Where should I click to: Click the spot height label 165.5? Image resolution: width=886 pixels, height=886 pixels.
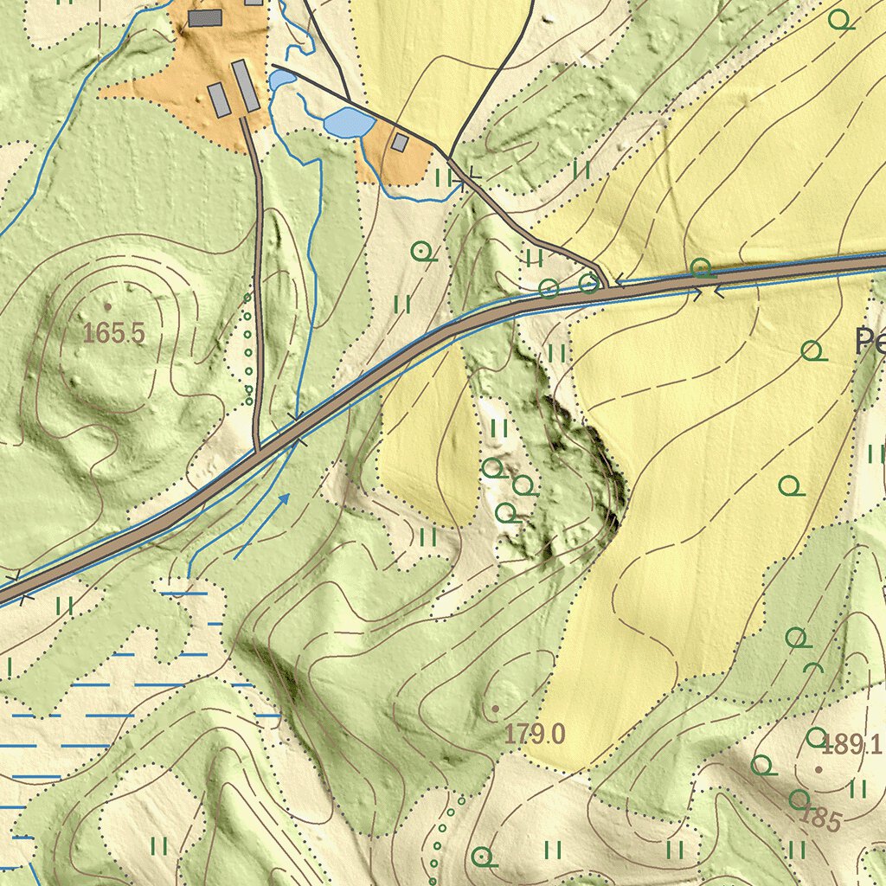coord(114,333)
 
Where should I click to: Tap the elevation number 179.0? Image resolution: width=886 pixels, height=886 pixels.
coord(535,735)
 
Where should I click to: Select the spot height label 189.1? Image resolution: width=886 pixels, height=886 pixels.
coord(851,744)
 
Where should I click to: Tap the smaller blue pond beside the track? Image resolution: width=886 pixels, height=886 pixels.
coord(281,80)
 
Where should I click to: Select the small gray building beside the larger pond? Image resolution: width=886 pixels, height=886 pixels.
coord(399,142)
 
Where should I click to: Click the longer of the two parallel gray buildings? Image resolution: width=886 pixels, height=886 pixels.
coord(245,86)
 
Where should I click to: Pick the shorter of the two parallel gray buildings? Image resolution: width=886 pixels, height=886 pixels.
coord(220,100)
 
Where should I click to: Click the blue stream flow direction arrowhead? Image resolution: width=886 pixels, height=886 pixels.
coord(285,498)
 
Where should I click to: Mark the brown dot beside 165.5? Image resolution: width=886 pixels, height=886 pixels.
coord(107,306)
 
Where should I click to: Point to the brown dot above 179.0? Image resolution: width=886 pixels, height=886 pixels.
coord(495,709)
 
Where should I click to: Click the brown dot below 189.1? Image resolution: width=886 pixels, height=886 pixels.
coord(819,768)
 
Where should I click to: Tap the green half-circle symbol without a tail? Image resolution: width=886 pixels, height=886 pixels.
coord(812,669)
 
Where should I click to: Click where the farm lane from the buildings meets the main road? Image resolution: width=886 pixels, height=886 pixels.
coord(258,451)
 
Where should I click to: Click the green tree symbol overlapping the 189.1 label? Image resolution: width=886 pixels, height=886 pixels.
coord(816,737)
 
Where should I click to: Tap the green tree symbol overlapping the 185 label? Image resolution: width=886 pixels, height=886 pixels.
coord(799,799)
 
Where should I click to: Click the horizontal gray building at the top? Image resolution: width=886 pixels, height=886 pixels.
coord(205,17)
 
